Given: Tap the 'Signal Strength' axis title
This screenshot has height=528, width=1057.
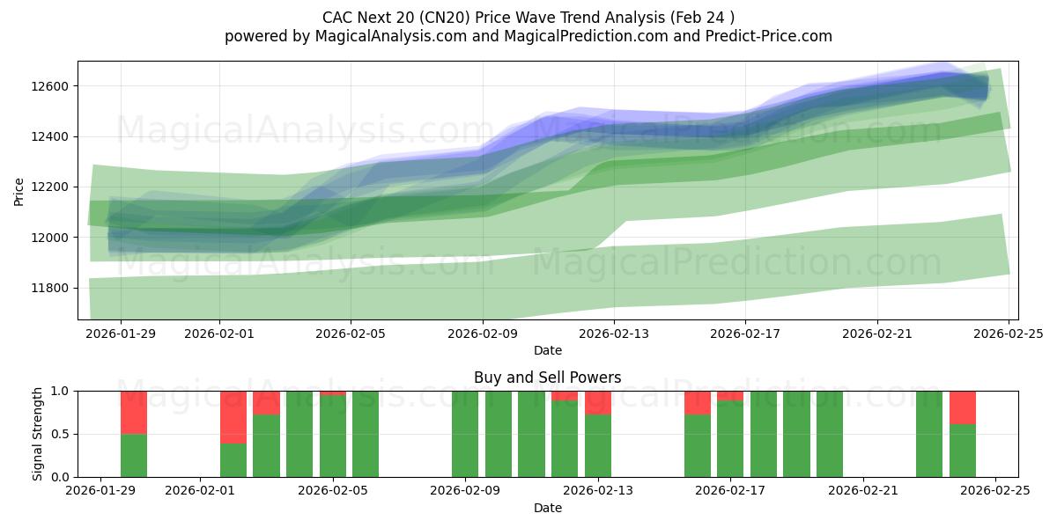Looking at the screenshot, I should click(x=37, y=434).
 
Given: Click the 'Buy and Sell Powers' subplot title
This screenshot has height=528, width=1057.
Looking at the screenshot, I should click(x=547, y=378).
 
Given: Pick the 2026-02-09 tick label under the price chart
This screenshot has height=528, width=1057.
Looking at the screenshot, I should click(x=483, y=334).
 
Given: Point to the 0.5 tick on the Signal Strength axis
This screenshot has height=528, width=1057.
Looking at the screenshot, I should click(x=61, y=434).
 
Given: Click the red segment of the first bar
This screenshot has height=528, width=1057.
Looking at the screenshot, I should click(x=134, y=412).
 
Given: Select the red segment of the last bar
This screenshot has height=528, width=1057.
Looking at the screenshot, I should click(x=963, y=407).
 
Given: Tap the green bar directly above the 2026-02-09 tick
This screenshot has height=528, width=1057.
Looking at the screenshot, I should click(x=465, y=434).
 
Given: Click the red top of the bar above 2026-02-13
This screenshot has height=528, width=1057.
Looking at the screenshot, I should click(x=598, y=402).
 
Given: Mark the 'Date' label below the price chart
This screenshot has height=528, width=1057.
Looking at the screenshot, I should click(x=547, y=350).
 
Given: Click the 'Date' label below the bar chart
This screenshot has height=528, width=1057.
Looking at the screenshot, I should click(x=547, y=508).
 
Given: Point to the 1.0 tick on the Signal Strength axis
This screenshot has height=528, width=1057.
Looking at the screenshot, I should click(x=61, y=391).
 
